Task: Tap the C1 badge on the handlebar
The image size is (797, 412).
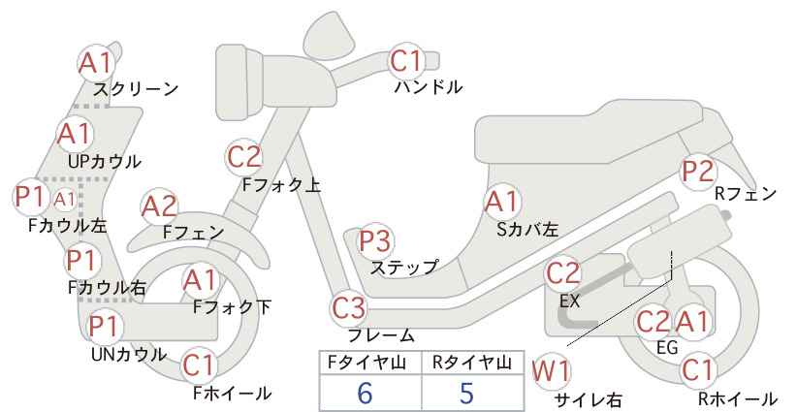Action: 408,62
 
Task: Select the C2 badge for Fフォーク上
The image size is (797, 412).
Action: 245,155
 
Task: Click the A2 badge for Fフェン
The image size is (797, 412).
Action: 159,206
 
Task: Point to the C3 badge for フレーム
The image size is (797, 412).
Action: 349,309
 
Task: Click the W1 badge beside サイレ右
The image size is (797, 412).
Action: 553,369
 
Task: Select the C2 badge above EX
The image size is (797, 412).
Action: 564,273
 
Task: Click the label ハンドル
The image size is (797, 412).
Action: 428,88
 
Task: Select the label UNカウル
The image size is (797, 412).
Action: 128,354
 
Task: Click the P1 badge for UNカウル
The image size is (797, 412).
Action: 104,327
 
